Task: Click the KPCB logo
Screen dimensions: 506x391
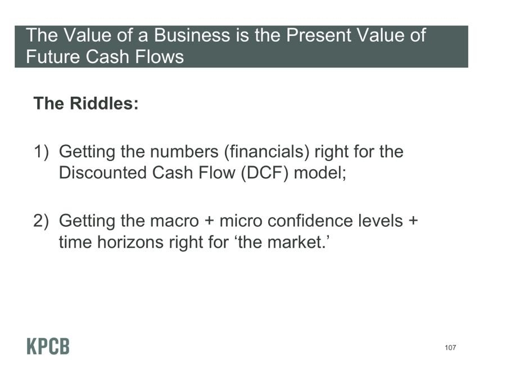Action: click(x=48, y=347)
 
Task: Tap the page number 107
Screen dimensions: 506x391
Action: click(x=450, y=348)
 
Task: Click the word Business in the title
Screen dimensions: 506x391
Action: click(x=192, y=35)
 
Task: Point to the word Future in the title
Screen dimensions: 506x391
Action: click(x=53, y=56)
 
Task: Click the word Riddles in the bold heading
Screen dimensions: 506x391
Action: click(x=104, y=104)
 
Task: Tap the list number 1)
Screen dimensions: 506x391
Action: click(x=41, y=152)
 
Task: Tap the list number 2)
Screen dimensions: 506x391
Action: click(x=41, y=221)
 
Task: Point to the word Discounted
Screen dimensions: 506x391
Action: click(x=103, y=172)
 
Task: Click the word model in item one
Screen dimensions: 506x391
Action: click(x=318, y=172)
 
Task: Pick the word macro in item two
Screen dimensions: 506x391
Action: click(x=174, y=221)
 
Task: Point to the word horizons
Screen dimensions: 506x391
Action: click(x=130, y=242)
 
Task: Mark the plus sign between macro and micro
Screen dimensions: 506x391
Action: click(x=209, y=222)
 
